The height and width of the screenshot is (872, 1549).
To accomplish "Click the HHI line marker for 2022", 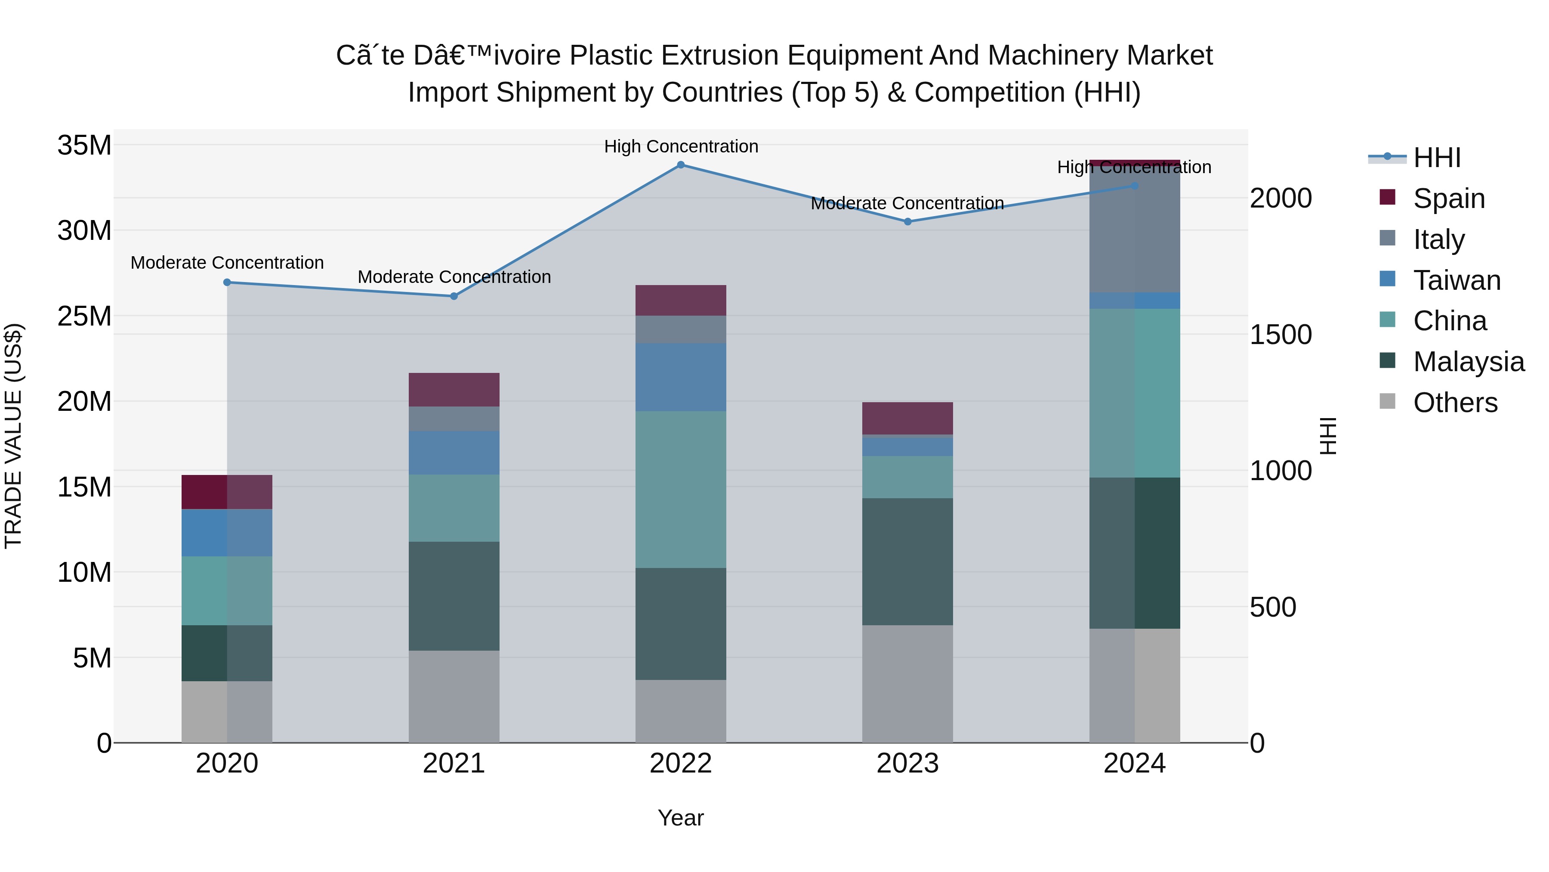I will click(x=681, y=165).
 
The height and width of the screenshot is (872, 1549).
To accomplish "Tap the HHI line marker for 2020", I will click(x=227, y=282).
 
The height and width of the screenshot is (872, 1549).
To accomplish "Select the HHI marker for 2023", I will click(x=907, y=221).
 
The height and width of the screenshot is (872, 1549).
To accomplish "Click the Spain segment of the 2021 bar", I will click(x=454, y=390).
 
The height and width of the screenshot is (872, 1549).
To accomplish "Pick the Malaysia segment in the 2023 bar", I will click(x=907, y=562).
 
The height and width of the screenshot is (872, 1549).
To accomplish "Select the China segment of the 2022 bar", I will click(x=681, y=489).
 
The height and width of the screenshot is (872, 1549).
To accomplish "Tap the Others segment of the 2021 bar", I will click(x=454, y=696).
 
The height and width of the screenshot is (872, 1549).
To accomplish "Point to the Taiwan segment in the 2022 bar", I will click(x=681, y=377).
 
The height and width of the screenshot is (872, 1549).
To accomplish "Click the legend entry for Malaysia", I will click(x=1468, y=362).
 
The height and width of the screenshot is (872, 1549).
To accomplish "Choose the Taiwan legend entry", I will click(x=1456, y=280).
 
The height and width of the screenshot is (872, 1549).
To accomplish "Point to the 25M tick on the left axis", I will click(x=84, y=317).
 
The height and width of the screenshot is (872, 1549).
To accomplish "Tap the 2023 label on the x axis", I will click(x=907, y=763).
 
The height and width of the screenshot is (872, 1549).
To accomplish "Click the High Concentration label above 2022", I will click(x=681, y=146).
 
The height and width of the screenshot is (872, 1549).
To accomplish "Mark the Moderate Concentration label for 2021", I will click(x=454, y=277).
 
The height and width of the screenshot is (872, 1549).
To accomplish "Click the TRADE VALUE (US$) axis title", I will click(x=13, y=436).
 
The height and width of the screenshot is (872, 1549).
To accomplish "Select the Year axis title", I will click(x=681, y=818).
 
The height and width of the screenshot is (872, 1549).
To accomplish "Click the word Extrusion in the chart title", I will click(x=722, y=56).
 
